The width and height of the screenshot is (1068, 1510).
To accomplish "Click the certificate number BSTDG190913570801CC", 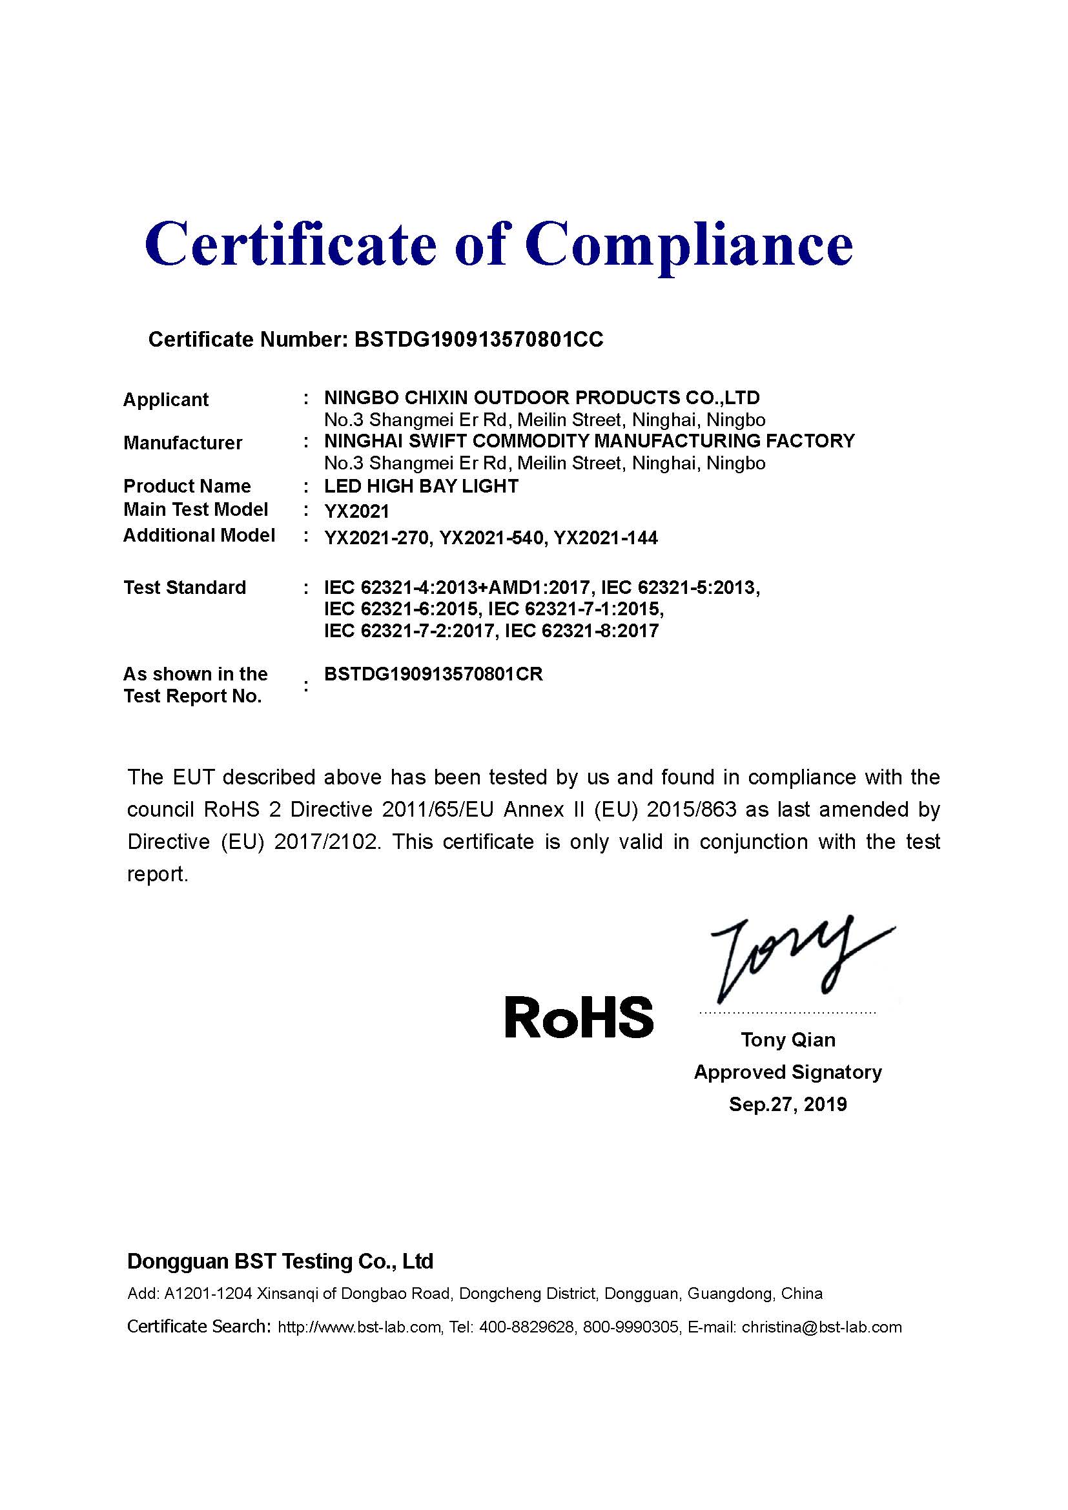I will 478,340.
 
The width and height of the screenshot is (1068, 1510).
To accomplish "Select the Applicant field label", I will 166,399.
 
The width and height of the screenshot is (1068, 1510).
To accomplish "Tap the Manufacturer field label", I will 183,443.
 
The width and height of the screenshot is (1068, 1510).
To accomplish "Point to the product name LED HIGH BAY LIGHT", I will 421,486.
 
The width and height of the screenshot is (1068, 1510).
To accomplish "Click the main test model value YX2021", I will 356,511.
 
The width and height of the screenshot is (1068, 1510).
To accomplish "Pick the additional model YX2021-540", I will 491,538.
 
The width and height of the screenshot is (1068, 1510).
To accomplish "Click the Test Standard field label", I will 185,587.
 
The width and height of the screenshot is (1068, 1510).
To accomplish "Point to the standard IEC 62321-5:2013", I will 680,587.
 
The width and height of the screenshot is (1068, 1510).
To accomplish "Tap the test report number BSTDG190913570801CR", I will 433,674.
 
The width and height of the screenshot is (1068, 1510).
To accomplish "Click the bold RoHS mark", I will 579,1017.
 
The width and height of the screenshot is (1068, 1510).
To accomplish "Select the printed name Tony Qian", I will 788,1040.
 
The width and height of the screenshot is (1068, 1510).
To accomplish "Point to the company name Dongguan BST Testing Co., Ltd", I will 280,1261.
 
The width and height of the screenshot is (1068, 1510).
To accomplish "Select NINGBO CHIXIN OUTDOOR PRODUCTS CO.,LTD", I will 542,398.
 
